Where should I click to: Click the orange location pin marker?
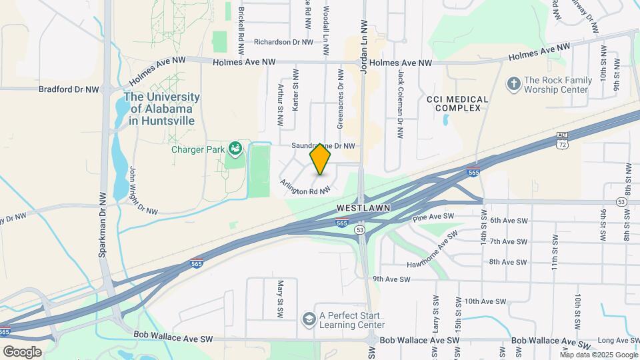point(321,159)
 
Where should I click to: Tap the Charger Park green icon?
point(235,147)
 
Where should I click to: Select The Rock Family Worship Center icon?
point(513,83)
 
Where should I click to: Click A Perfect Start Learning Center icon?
point(309,320)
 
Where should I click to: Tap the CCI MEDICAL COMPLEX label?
point(457,103)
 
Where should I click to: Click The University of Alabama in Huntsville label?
point(162,108)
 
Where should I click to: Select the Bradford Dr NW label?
point(69,89)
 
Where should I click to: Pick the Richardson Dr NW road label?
point(279,41)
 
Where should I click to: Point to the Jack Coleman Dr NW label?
point(401,105)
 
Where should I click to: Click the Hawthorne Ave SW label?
point(434,249)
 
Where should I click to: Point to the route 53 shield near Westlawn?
point(360,229)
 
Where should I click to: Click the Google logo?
point(22,351)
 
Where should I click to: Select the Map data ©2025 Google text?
point(598,355)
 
